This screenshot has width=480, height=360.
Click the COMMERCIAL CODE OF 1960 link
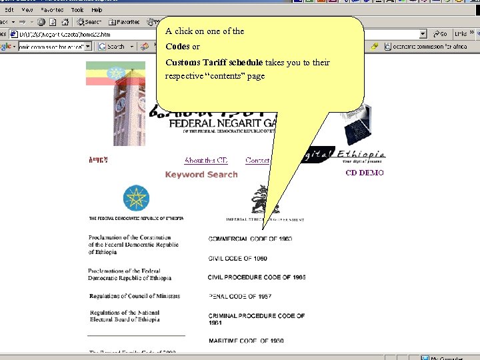(250, 239)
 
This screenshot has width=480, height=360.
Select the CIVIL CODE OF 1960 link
(237, 258)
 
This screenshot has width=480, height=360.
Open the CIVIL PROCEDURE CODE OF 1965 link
(256, 277)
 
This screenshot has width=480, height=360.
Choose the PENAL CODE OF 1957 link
(240, 297)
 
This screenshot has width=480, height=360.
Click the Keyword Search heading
(201, 175)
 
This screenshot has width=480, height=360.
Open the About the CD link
(206, 160)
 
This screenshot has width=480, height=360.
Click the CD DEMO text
(365, 173)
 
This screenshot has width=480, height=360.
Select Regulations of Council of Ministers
(135, 296)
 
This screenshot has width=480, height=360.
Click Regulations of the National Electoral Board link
(125, 316)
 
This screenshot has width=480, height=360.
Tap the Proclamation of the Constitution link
(133, 245)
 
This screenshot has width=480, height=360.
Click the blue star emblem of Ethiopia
(136, 199)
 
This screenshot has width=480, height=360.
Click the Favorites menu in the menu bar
(52, 10)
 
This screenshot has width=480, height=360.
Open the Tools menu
(77, 10)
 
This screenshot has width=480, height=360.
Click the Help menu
(97, 10)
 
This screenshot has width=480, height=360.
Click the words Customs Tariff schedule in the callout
(214, 63)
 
